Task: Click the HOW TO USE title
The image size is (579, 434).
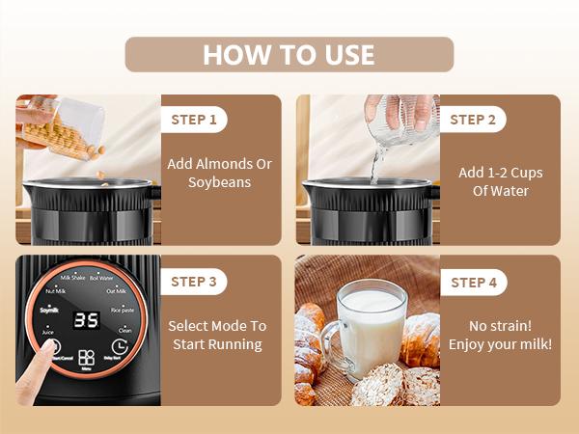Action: click(x=289, y=54)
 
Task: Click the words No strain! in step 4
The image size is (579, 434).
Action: click(x=500, y=325)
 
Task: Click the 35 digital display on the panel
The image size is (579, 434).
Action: click(x=88, y=319)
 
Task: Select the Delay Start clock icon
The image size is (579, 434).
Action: click(x=120, y=348)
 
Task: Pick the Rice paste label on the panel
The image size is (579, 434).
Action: click(x=123, y=310)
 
